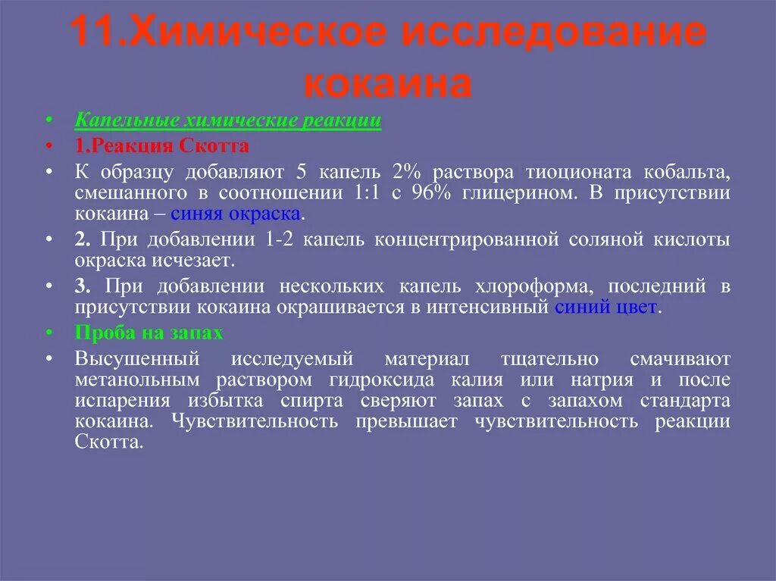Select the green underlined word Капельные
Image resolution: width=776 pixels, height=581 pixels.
pos(126,121)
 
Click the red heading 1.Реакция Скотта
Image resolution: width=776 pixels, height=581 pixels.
pos(162,145)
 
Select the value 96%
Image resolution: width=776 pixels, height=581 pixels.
pos(433,192)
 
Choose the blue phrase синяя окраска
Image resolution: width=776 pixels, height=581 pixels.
pos(236,214)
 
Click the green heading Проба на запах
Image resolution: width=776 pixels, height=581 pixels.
pos(149,333)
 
